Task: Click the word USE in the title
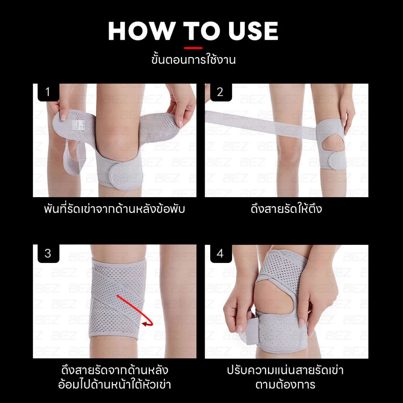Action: point(253,31)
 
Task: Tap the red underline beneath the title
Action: point(193,48)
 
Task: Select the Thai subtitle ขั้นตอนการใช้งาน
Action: point(193,60)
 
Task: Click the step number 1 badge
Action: point(48,92)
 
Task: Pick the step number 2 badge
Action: point(221,92)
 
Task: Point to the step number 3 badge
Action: point(48,253)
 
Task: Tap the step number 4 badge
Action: point(221,253)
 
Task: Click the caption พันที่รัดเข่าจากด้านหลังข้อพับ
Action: point(115,209)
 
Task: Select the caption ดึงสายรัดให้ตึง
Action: point(287,209)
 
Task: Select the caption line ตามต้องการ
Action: point(285,385)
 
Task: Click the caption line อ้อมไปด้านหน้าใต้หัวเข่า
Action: point(115,385)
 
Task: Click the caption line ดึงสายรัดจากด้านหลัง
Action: point(115,370)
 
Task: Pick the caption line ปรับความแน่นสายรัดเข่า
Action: point(285,370)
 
